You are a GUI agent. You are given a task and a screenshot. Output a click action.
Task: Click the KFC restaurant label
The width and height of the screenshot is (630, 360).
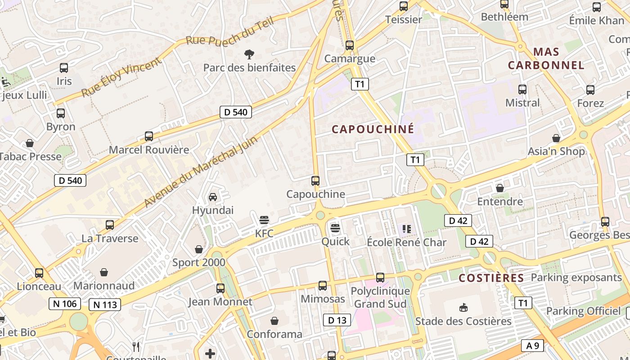point(264,234)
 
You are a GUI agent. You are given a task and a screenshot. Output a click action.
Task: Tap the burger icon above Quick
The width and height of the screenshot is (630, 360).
point(335,228)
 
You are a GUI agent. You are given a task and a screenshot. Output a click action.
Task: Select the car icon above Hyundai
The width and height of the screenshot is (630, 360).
point(213,197)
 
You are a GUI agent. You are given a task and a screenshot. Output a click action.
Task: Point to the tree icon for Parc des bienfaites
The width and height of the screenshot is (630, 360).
point(249,54)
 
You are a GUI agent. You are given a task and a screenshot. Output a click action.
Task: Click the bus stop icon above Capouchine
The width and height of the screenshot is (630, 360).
point(315,181)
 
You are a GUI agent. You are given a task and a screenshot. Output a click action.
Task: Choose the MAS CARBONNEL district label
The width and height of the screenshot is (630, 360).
point(546,58)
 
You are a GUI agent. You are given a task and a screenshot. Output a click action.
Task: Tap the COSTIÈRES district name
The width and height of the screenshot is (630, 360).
point(491,278)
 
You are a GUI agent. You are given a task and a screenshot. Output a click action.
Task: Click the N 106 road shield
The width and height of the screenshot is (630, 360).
point(65,304)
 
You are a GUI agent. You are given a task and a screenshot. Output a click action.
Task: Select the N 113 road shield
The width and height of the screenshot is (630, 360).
point(105,305)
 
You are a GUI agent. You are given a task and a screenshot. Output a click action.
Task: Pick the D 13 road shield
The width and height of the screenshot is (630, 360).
point(337,320)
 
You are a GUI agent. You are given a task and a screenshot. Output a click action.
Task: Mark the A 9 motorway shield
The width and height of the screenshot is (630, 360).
point(532,346)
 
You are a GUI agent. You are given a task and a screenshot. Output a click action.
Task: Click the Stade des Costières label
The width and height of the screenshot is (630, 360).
point(463,321)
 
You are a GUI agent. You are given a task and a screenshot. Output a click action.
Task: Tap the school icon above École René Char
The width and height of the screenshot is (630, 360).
point(407,229)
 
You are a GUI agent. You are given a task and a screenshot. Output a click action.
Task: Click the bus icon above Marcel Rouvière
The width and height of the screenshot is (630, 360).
point(149,136)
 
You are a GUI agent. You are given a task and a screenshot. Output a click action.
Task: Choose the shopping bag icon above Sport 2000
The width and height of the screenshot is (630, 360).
point(199,249)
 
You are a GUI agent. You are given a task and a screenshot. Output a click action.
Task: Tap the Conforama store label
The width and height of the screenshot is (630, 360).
point(274,334)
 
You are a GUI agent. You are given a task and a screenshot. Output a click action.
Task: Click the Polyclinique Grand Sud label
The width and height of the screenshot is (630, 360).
point(380,297)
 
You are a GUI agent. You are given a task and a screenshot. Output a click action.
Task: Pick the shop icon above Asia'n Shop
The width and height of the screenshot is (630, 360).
point(556,138)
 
